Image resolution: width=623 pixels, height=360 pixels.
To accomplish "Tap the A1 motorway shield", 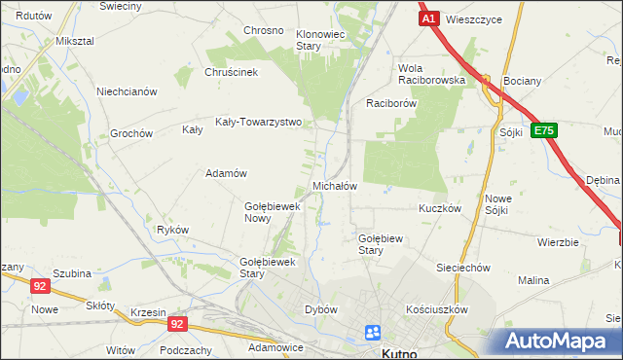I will click(428, 18).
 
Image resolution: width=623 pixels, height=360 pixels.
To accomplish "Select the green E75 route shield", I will click(544, 129).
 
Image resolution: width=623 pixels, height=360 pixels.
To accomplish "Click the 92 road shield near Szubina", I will click(39, 285).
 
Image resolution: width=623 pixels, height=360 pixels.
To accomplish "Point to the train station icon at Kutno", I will click(372, 333).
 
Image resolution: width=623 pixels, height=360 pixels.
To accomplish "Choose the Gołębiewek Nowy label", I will click(271, 211).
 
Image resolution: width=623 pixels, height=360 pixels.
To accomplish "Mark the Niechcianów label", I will click(127, 91).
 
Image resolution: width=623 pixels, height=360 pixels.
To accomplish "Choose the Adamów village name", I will click(225, 173).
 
